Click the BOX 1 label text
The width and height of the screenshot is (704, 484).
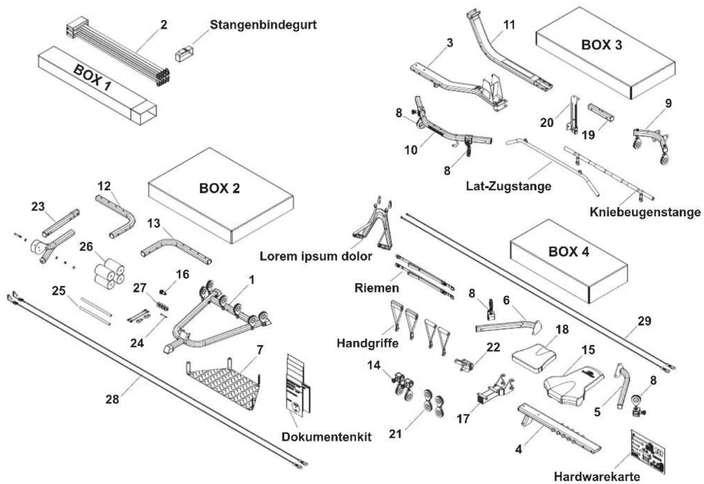tap(92, 78)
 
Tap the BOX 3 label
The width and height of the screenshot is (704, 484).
tap(601, 45)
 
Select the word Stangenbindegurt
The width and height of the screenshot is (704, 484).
tap(263, 25)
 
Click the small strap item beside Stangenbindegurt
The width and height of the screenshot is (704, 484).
tap(185, 53)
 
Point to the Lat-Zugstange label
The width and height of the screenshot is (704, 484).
tap(508, 186)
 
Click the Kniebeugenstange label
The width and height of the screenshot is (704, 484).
tap(645, 212)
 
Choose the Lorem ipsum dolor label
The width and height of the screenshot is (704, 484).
tap(315, 256)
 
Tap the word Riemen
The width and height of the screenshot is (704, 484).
tap(376, 288)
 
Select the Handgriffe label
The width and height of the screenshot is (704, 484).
tap(368, 343)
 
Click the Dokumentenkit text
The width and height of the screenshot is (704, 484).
tap(326, 437)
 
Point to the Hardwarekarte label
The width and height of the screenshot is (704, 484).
tap(597, 476)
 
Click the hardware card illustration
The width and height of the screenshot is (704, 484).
tap(648, 452)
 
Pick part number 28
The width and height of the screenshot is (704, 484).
tap(112, 399)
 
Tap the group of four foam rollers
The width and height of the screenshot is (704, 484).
tap(110, 273)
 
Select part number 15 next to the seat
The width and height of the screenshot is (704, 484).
tap(588, 350)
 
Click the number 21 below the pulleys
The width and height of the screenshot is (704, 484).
tap(395, 434)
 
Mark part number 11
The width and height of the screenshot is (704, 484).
tap(509, 25)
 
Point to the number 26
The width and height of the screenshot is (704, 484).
tap(86, 246)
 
